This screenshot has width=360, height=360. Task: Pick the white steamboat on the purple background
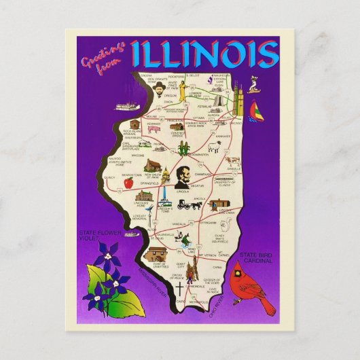point(126,107)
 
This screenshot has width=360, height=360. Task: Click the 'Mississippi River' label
point(143,285)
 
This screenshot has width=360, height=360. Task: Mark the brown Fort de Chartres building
point(157,254)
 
